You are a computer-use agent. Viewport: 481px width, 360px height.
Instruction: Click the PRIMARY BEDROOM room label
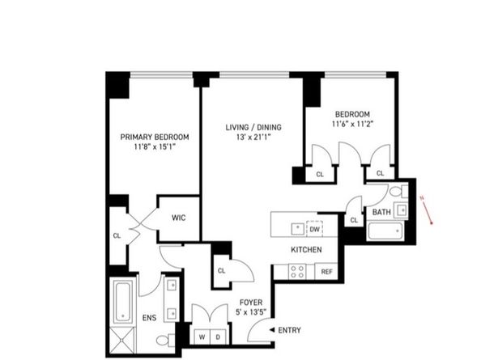pyautogui.click(x=155, y=137)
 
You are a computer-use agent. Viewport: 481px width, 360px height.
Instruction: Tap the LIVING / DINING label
pyautogui.click(x=253, y=127)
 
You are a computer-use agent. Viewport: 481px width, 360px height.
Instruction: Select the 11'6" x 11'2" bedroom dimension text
pyautogui.click(x=352, y=124)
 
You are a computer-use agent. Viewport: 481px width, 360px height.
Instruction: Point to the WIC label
pyautogui.click(x=178, y=218)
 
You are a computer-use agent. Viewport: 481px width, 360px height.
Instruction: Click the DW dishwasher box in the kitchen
pyautogui.click(x=315, y=229)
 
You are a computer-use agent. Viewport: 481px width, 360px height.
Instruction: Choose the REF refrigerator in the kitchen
pyautogui.click(x=326, y=272)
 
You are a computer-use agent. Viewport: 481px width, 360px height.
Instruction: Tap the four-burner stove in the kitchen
pyautogui.click(x=297, y=272)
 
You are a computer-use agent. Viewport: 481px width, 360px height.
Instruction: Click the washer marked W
pyautogui.click(x=202, y=337)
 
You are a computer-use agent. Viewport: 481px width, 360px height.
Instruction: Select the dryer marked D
pyautogui.click(x=218, y=337)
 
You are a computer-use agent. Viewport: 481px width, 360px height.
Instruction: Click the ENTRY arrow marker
pyautogui.click(x=272, y=330)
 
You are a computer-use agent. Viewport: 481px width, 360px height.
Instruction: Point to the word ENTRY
pyautogui.click(x=289, y=330)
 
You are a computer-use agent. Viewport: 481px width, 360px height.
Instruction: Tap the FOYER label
pyautogui.click(x=251, y=303)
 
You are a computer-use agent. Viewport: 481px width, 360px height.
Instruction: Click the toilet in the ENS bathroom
pyautogui.click(x=165, y=340)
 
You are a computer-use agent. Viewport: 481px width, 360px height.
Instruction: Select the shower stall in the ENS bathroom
pyautogui.click(x=122, y=340)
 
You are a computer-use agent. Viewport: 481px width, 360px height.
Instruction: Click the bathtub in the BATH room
pyautogui.click(x=386, y=231)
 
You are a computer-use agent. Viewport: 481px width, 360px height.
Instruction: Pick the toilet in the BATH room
pyautogui.click(x=398, y=192)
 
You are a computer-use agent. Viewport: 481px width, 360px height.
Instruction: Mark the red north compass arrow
pyautogui.click(x=426, y=210)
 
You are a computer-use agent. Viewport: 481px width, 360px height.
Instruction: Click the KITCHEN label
pyautogui.click(x=306, y=250)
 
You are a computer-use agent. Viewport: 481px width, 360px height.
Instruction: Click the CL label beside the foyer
pyautogui.click(x=222, y=271)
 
